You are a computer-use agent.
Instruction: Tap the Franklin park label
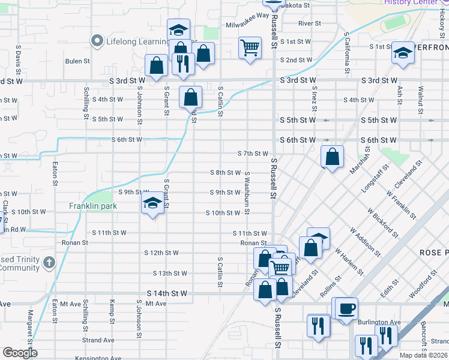[x=92, y=206]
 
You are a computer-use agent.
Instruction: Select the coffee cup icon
[x=346, y=308]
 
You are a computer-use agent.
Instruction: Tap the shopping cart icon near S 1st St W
[x=250, y=47]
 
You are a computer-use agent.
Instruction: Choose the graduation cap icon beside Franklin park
[x=152, y=205]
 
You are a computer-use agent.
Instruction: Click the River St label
[x=310, y=23]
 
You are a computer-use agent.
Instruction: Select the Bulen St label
[x=77, y=61]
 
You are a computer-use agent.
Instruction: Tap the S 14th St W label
[x=167, y=293]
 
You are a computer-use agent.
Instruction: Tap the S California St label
[x=346, y=53]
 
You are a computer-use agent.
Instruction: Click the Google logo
[x=19, y=353]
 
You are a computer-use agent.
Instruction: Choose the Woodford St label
[x=420, y=287]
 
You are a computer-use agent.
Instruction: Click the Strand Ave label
[x=98, y=340]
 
